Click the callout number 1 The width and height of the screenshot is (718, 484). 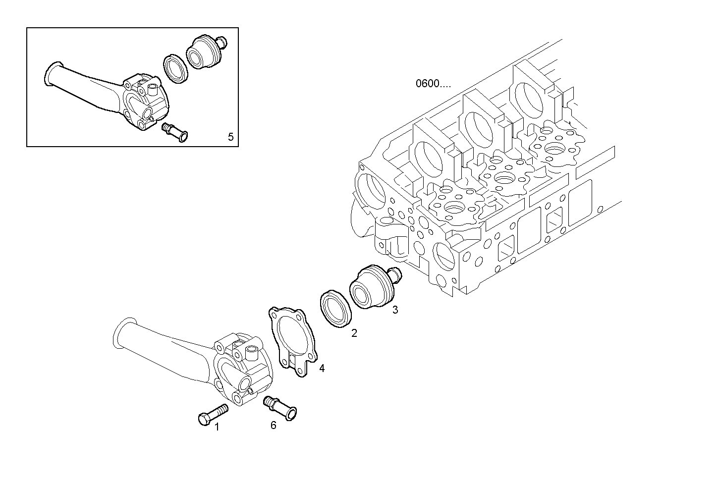click(217, 427)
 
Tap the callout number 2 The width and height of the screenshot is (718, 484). click(354, 333)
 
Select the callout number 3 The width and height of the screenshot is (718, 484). click(395, 310)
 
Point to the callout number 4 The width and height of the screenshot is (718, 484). click(322, 368)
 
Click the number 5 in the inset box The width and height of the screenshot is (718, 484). click(230, 136)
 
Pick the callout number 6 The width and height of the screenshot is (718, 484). click(273, 425)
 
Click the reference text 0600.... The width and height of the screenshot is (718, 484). click(433, 83)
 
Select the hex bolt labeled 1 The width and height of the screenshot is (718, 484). click(212, 415)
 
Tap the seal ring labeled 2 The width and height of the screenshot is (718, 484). click(336, 310)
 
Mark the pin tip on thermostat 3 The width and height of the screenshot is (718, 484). click(397, 273)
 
